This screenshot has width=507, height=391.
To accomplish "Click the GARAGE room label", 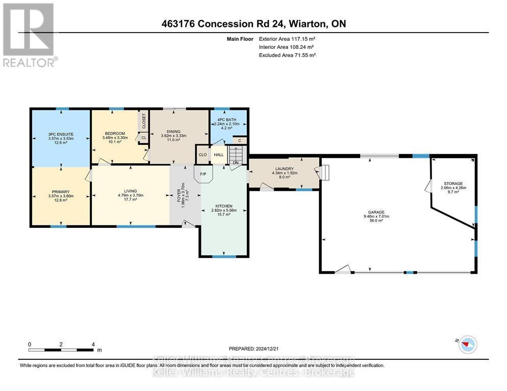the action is click(x=376, y=212).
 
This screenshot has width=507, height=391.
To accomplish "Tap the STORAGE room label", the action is click(x=453, y=184).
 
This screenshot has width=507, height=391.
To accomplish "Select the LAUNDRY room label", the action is click(x=285, y=169).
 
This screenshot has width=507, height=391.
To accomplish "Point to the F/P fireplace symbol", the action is click(x=203, y=174).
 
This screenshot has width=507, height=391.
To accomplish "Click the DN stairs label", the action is click(x=236, y=163).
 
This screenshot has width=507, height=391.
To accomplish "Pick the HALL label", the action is click(x=219, y=155).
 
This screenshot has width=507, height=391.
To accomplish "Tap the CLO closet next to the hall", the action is click(x=202, y=155).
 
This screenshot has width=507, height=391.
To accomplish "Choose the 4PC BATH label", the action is click(x=226, y=120).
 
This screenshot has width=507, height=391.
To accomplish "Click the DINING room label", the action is click(x=173, y=132).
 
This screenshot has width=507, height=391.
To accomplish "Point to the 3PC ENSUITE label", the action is click(x=61, y=135).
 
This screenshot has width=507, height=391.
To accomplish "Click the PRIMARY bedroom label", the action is click(x=61, y=192).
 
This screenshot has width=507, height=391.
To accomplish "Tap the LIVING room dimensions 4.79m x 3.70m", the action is click(x=131, y=196).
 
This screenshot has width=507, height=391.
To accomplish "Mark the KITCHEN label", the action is click(x=224, y=206).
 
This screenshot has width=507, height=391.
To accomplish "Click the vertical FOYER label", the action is click(x=179, y=195).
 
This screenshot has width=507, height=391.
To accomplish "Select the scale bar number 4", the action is click(x=93, y=345).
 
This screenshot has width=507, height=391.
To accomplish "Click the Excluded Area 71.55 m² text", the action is click(x=287, y=55).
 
